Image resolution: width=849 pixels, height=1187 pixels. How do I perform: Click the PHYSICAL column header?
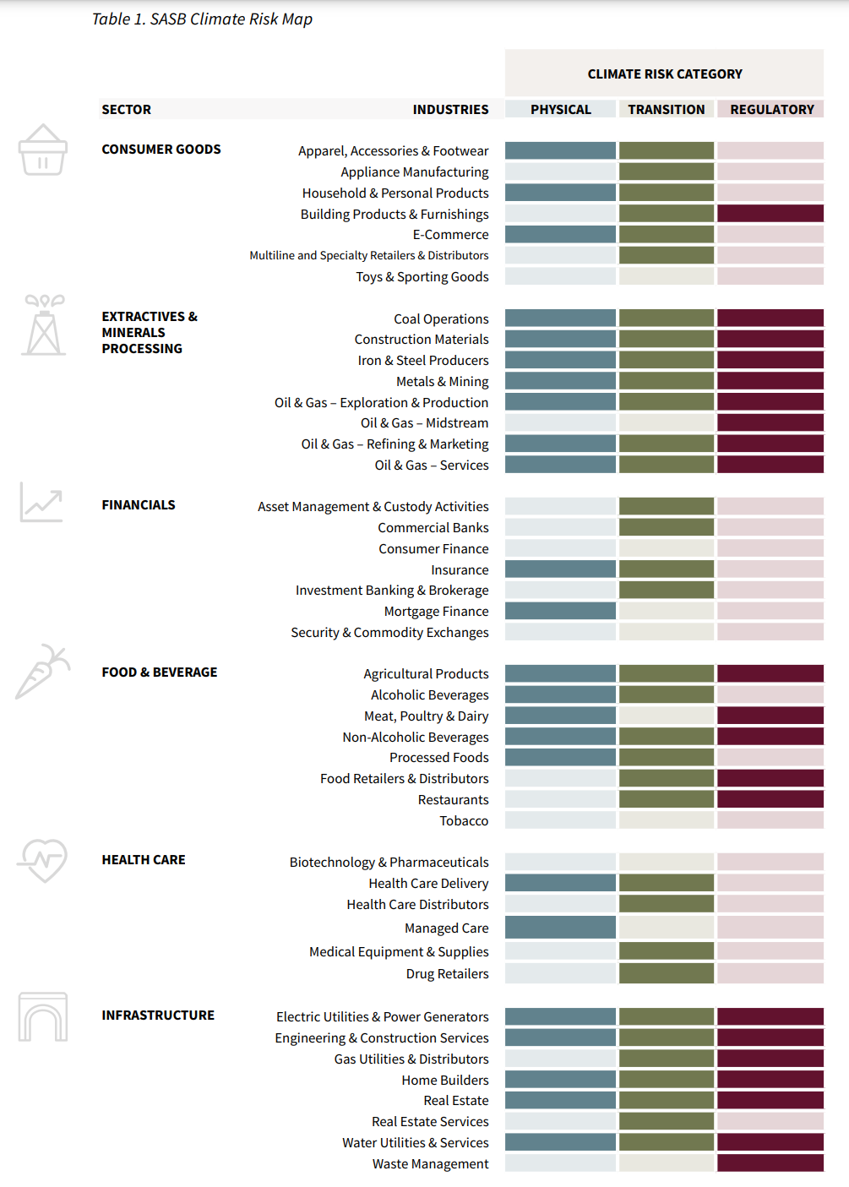point(560,109)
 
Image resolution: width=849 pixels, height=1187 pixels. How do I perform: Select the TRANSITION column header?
point(666,109)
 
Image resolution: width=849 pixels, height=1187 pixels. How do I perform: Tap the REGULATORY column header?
point(771,109)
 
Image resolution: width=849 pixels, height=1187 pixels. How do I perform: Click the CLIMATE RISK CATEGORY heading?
point(665,74)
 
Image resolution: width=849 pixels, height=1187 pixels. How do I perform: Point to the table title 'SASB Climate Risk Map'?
point(202,19)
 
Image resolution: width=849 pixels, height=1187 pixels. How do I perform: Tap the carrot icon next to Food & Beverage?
point(42,672)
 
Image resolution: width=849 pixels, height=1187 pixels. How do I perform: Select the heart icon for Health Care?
point(42,860)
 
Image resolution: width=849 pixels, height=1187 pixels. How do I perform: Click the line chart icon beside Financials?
point(41,503)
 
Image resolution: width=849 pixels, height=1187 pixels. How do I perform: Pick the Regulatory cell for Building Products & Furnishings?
point(770,214)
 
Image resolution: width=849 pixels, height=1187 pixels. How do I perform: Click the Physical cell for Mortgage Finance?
point(560,611)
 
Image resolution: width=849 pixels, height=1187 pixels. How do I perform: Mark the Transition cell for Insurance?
point(666,569)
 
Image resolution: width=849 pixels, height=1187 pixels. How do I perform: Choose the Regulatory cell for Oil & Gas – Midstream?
point(770,422)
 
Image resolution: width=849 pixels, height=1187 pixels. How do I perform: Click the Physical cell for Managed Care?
point(560,928)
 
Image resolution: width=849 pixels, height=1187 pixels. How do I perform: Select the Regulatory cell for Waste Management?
point(770,1163)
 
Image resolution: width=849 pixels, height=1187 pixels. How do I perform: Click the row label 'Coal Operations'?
point(441,319)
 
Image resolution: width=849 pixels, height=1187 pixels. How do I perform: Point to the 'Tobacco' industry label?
point(464,820)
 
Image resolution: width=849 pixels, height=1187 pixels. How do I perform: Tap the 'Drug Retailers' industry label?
point(447,973)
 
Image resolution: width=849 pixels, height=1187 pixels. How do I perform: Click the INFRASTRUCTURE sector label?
point(158,1015)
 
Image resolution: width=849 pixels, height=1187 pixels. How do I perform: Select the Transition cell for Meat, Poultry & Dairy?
point(666,716)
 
